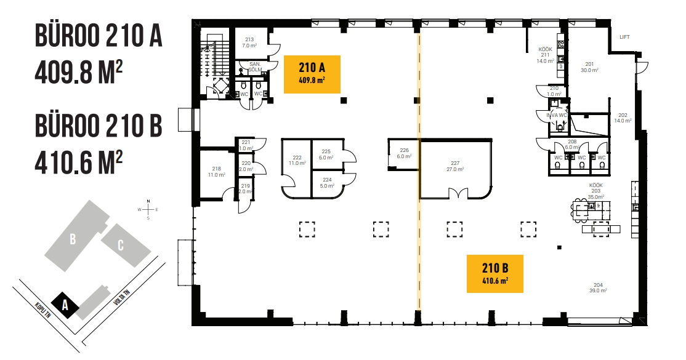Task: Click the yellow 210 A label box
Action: click(x=312, y=74)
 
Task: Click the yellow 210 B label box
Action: click(x=495, y=273)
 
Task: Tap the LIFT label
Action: click(x=624, y=37)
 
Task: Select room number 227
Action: click(x=455, y=163)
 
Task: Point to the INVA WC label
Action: click(x=557, y=116)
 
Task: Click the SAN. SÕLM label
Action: click(x=255, y=67)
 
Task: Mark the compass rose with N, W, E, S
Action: click(x=148, y=209)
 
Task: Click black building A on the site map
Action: click(x=65, y=305)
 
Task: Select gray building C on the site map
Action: click(x=126, y=246)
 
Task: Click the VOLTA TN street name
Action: click(x=122, y=297)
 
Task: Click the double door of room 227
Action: click(x=459, y=194)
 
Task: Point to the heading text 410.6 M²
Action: click(x=79, y=162)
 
